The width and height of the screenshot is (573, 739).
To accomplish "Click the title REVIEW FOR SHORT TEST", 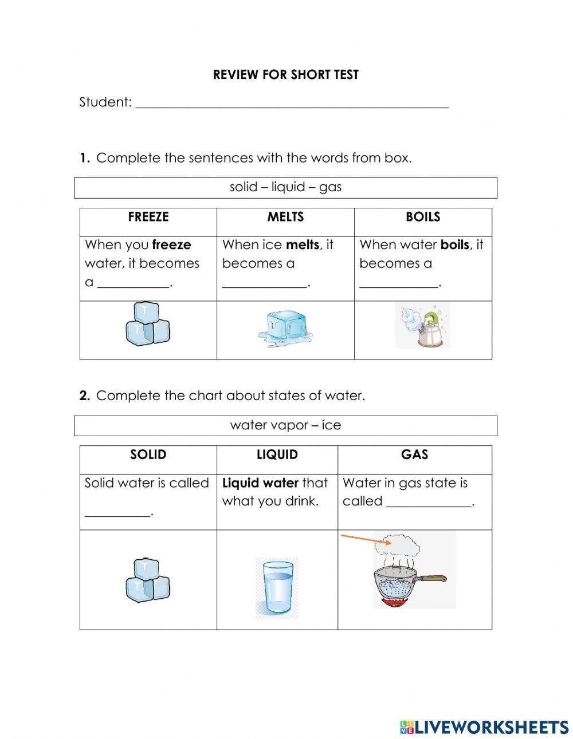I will [x=285, y=75].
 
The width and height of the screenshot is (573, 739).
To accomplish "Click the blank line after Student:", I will [x=292, y=104].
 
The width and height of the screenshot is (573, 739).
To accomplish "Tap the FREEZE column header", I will [x=148, y=217].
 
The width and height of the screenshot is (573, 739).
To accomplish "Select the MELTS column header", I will [x=285, y=217].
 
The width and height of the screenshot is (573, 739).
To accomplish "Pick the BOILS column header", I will [x=422, y=217].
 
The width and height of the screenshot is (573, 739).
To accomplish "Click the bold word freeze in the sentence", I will [x=171, y=245].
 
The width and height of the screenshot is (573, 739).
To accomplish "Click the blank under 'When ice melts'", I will [x=264, y=283].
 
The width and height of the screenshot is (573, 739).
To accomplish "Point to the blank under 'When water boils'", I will [x=398, y=283].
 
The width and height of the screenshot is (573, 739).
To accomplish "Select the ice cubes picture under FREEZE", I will [x=147, y=324].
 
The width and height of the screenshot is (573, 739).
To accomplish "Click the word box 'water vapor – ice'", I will [x=285, y=425].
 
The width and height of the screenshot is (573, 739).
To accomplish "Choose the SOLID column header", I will [x=148, y=455].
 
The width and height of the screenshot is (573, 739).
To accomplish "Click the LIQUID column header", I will [x=277, y=455].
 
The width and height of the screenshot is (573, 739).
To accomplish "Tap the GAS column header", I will [x=414, y=455].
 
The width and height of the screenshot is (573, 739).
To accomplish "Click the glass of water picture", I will [x=276, y=588].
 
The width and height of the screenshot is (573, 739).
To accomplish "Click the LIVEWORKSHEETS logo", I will [x=484, y=727].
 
